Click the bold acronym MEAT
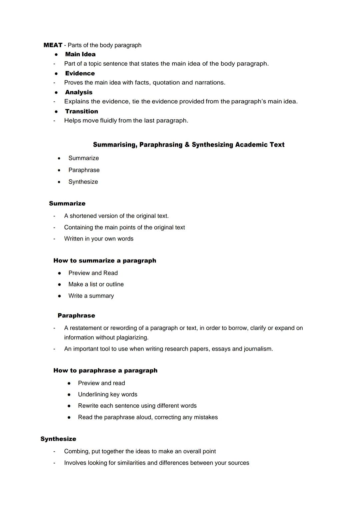[x=53, y=45]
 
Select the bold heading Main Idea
[x=80, y=54]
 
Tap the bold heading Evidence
[x=80, y=73]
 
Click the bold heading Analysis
[x=79, y=92]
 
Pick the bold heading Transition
[x=81, y=111]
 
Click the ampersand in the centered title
[x=187, y=145]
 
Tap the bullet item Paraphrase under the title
[x=84, y=170]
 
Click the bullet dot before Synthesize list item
[x=59, y=182]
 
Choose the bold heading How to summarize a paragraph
[x=105, y=260]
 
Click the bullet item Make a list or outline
[x=96, y=284]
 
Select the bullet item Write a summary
[x=91, y=296]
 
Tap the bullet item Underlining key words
[x=107, y=394]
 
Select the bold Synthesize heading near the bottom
[x=58, y=439]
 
